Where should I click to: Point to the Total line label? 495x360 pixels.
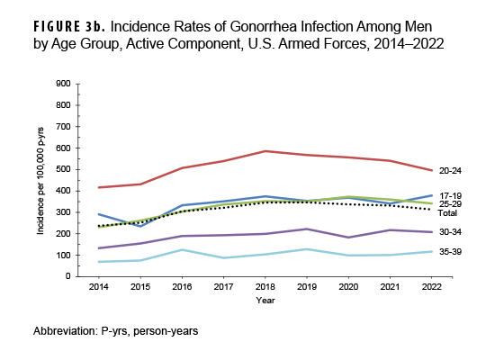coord(446,213)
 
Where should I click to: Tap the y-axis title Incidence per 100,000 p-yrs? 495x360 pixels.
coord(41,180)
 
